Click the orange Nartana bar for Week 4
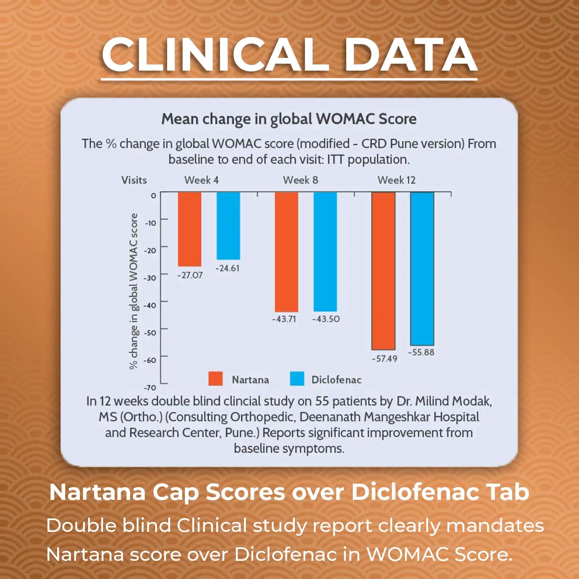pos(190,229)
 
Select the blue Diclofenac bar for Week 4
pos(228,226)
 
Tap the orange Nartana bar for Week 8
pos(286,252)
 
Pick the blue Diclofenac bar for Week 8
pos(325,252)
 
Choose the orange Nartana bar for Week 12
pos(383,271)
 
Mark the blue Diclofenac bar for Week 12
pos(422,269)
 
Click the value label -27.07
pos(190,275)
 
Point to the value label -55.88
pos(421,352)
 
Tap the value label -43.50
pos(326,319)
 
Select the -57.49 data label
pos(384,359)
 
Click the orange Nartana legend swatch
pos(215,379)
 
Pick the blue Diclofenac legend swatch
pos(297,379)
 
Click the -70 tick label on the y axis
pos(150,388)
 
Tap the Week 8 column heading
pos(300,180)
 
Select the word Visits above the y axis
pos(134,180)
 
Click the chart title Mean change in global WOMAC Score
pos(289,119)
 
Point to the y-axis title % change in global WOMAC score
pos(134,291)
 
